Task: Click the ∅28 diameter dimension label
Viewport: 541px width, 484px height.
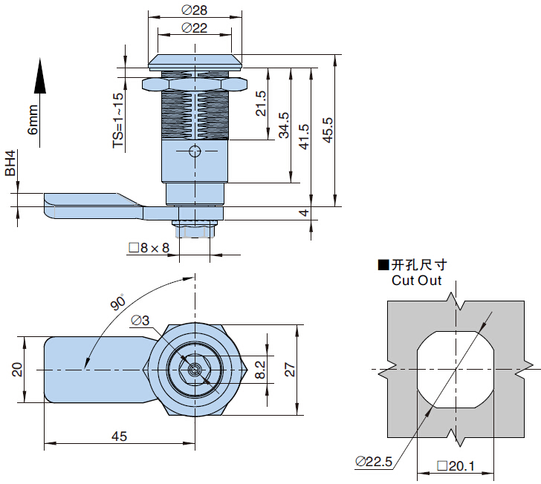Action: pyautogui.click(x=195, y=10)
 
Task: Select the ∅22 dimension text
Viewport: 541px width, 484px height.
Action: pyautogui.click(x=195, y=27)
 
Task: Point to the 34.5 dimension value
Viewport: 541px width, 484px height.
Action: pyautogui.click(x=284, y=126)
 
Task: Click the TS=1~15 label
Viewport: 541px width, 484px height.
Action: pyautogui.click(x=119, y=121)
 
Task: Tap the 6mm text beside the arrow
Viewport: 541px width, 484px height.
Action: pyautogui.click(x=33, y=120)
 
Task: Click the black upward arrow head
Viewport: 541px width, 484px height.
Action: pyautogui.click(x=39, y=76)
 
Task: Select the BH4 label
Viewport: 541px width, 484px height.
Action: pyautogui.click(x=10, y=163)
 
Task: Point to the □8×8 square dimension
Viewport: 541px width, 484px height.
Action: pyautogui.click(x=149, y=248)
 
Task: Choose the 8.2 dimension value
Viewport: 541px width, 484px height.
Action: pyautogui.click(x=260, y=369)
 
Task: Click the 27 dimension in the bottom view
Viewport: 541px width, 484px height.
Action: pyautogui.click(x=290, y=369)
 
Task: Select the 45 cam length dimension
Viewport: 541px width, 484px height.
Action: pyautogui.click(x=119, y=436)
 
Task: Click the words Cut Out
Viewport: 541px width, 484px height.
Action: pyautogui.click(x=416, y=281)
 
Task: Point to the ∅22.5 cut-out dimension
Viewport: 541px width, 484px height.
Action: pyautogui.click(x=373, y=462)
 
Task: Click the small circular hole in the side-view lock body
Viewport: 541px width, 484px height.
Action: pyautogui.click(x=195, y=151)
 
